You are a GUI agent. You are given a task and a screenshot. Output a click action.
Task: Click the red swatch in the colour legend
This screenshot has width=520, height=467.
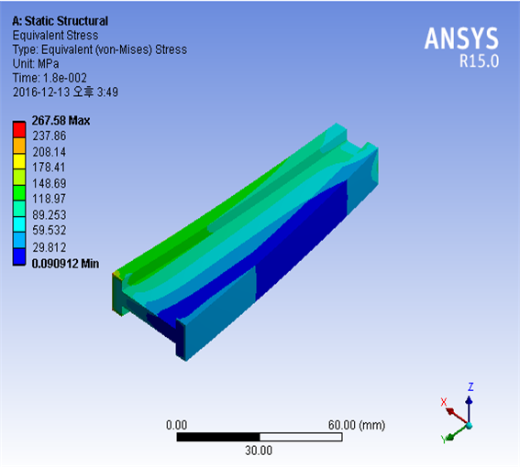coord(19,130)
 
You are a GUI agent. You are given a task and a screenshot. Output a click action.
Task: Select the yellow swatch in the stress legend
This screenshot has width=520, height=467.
coord(19,162)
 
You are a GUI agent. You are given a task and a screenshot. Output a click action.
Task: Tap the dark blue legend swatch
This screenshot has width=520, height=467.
coord(19,256)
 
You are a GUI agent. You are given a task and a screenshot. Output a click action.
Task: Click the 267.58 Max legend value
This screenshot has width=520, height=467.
coord(61,121)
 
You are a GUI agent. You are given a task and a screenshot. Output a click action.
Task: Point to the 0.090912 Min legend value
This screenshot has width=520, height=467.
coord(65,264)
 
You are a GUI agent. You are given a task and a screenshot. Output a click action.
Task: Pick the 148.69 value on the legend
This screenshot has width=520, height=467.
coord(50,183)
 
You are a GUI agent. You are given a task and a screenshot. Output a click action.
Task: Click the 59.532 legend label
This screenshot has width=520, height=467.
coord(50,230)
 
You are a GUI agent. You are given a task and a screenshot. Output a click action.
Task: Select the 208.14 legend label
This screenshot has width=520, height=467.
coord(50,152)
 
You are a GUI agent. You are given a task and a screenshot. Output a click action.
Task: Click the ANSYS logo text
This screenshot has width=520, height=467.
coord(461,38)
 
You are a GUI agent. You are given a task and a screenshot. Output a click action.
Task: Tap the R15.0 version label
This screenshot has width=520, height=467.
coord(479,61)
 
